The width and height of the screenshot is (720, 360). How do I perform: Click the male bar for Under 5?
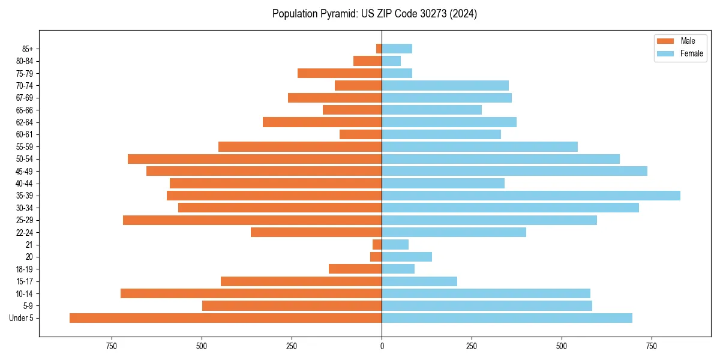click(226, 318)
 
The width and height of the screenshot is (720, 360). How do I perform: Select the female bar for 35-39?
click(531, 196)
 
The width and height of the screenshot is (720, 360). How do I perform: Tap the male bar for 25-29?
click(252, 220)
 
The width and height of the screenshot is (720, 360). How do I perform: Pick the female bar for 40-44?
click(443, 184)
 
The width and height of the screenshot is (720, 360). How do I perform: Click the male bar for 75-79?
click(340, 73)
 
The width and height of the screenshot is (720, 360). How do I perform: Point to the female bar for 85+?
click(397, 49)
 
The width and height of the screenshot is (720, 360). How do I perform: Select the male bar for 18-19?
click(355, 269)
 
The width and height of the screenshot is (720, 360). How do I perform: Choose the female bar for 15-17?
click(419, 281)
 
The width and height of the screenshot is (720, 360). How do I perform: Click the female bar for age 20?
click(407, 257)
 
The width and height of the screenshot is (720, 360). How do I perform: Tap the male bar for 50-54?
click(254, 159)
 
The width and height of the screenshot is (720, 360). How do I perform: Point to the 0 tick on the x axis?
click(382, 346)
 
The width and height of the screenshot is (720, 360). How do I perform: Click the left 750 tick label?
click(111, 346)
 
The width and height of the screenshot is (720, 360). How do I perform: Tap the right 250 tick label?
click(472, 346)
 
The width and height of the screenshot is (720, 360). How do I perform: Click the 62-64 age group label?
click(25, 122)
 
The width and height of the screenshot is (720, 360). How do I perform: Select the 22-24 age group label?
click(25, 232)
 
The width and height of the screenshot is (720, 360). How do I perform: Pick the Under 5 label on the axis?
click(22, 318)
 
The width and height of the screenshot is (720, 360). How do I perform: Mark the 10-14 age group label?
click(25, 293)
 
